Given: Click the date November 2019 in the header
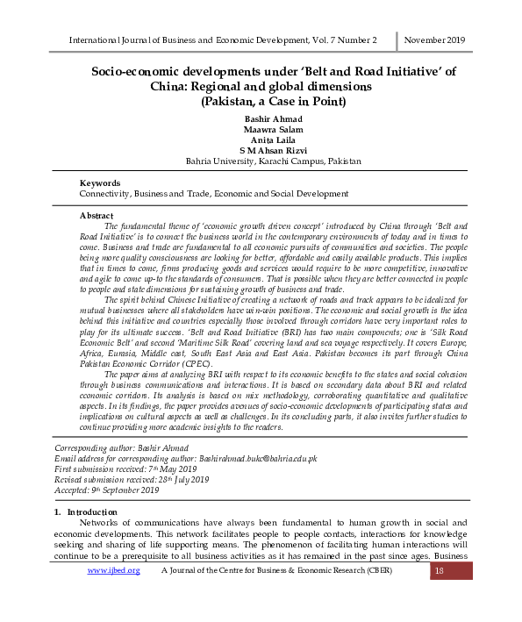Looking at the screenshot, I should pyautogui.click(x=434, y=40).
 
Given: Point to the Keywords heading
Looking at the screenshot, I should pyautogui.click(x=100, y=182).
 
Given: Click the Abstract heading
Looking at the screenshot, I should pyautogui.click(x=97, y=215).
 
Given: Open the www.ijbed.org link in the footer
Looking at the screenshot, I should pyautogui.click(x=113, y=571).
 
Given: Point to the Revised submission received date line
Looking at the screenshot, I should pyautogui.click(x=132, y=479).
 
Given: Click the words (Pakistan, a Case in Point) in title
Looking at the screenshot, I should pyautogui.click(x=274, y=101).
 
